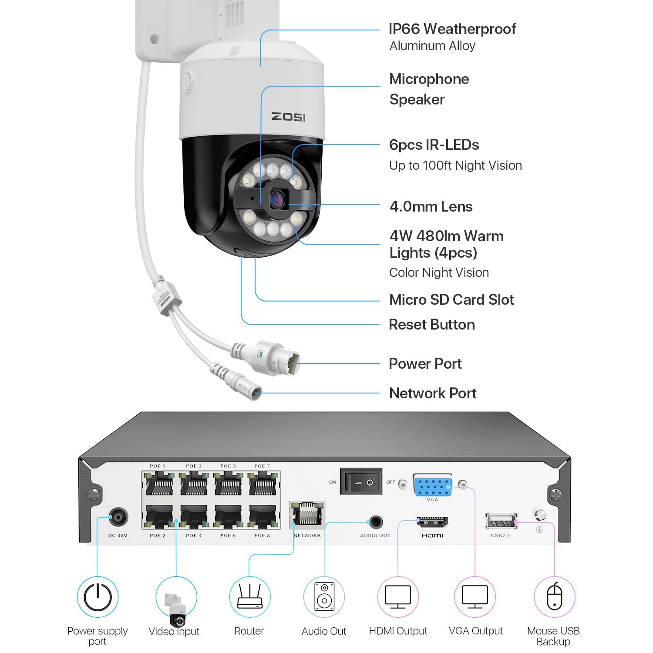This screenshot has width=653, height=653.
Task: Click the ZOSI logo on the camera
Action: [288, 117]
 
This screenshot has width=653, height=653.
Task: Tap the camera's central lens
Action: [277, 200]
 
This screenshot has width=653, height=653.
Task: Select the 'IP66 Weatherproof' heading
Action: [452, 29]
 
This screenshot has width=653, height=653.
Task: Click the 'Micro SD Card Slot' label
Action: [451, 300]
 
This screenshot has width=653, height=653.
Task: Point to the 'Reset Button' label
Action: [431, 325]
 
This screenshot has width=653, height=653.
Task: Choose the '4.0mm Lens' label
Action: [431, 206]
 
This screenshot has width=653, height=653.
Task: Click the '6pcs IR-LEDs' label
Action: [434, 145]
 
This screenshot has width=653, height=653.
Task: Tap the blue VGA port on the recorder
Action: [432, 486]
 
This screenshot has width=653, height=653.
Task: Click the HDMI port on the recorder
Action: [432, 521]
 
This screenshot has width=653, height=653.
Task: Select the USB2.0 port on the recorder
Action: [501, 521]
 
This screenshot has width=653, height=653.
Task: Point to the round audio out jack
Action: [375, 522]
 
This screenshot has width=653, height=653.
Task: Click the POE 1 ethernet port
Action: [159, 485]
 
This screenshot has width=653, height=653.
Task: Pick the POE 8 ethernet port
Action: [263, 517]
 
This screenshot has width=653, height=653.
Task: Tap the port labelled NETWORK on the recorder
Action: [307, 515]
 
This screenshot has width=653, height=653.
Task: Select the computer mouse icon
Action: [554, 597]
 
